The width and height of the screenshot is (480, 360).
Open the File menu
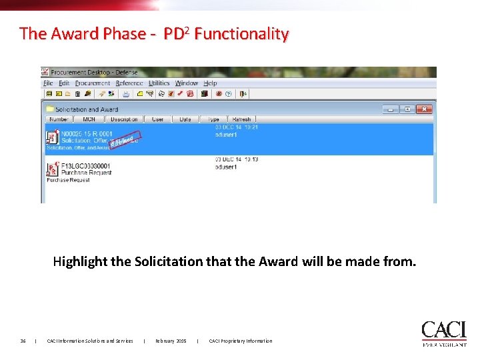click(x=48, y=83)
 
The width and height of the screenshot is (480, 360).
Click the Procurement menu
click(x=93, y=83)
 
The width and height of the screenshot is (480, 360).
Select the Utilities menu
click(x=159, y=83)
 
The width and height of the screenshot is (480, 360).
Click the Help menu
click(x=210, y=83)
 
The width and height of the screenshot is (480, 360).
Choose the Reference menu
click(x=129, y=83)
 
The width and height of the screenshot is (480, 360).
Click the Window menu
click(x=187, y=83)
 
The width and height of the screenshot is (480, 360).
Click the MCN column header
click(x=89, y=119)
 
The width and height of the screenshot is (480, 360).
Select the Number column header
click(x=59, y=119)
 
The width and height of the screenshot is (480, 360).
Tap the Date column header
click(x=185, y=119)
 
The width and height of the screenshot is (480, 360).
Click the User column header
click(x=157, y=119)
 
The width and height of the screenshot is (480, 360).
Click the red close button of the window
click(x=424, y=109)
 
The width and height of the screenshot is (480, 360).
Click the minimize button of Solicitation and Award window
click(x=390, y=109)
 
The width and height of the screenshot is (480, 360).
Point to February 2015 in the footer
click(x=171, y=341)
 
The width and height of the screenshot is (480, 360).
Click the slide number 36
click(x=23, y=341)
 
